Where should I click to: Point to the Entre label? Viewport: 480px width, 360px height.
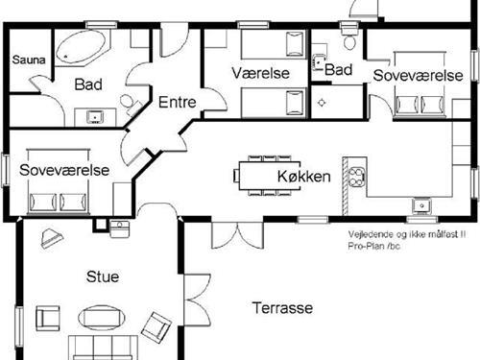pos(177,102)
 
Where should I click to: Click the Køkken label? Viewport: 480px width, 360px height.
pos(303,177)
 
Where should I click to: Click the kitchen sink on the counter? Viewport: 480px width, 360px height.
pos(420,204)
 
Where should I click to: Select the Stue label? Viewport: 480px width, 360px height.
pos(103,277)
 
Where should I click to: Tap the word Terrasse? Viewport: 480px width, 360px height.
pos(284,308)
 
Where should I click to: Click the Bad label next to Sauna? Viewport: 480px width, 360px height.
pos(87,84)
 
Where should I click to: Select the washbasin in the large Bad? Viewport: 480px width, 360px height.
pos(94,117)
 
